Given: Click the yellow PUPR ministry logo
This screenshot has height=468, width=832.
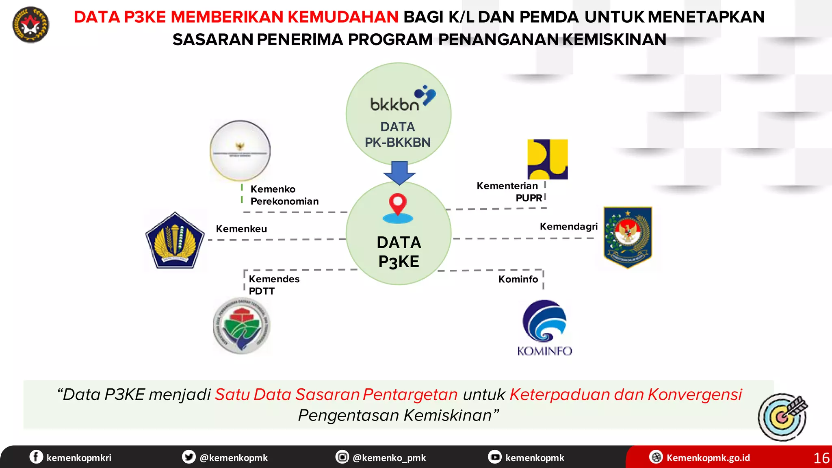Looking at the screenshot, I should [547, 159].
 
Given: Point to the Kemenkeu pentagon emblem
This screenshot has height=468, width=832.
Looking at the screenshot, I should [175, 240].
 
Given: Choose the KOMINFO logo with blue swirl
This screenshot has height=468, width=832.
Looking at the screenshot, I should [544, 327].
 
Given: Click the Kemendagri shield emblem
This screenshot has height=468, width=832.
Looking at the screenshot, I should [628, 237].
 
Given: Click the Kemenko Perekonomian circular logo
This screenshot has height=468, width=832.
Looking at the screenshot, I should [240, 151].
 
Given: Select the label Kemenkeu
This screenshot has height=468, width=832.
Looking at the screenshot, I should [241, 229].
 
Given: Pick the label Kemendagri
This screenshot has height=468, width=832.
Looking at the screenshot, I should [568, 226].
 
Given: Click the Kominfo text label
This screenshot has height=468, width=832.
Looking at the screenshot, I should [518, 279].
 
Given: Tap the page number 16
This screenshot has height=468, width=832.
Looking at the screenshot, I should [821, 458].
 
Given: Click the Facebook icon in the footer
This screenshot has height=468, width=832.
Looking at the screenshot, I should [36, 457].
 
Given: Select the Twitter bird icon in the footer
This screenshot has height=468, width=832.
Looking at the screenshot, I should [188, 457].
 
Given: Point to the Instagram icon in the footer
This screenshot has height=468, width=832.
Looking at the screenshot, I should [342, 457].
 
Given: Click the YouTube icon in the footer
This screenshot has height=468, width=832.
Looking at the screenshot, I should [495, 457].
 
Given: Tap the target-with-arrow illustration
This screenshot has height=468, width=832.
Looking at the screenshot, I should [783, 417].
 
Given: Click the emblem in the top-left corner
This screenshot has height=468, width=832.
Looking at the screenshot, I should [31, 25].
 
